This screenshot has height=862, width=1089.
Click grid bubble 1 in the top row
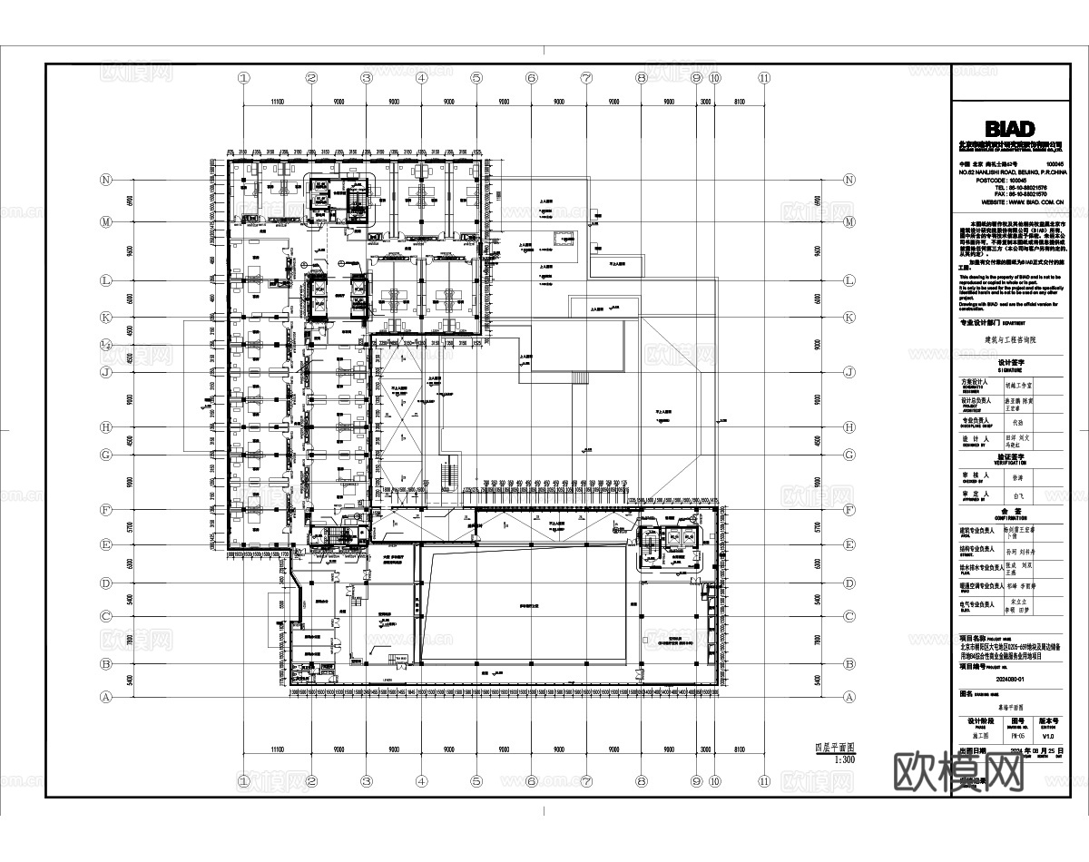click(243, 78)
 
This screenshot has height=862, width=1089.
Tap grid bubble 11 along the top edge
click(765, 78)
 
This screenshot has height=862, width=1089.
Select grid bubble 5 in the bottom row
click(476, 780)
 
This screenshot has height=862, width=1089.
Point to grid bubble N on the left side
click(107, 180)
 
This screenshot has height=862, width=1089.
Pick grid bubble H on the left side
click(107, 426)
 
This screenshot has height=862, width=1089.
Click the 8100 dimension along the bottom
click(740, 749)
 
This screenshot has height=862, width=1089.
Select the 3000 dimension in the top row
click(705, 103)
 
